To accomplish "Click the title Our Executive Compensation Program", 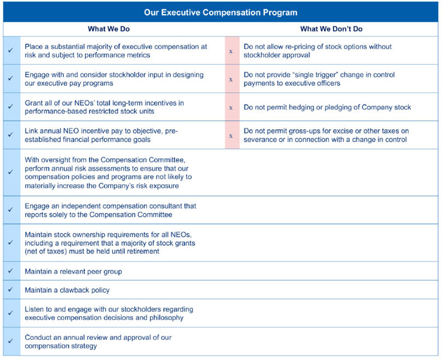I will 221,11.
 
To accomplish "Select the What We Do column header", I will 109,29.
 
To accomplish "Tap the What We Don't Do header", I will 331,29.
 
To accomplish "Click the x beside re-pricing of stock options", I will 231,51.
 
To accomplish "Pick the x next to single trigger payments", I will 231,79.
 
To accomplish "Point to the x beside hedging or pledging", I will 231,107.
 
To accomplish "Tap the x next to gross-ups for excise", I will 231,135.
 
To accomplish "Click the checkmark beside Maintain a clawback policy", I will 11,290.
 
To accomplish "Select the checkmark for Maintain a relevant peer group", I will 11,271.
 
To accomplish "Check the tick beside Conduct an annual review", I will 11,341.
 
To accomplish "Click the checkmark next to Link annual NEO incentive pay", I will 11,135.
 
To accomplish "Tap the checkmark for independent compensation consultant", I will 11,210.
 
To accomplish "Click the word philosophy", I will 165,317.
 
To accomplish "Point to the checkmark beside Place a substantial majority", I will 11,51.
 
